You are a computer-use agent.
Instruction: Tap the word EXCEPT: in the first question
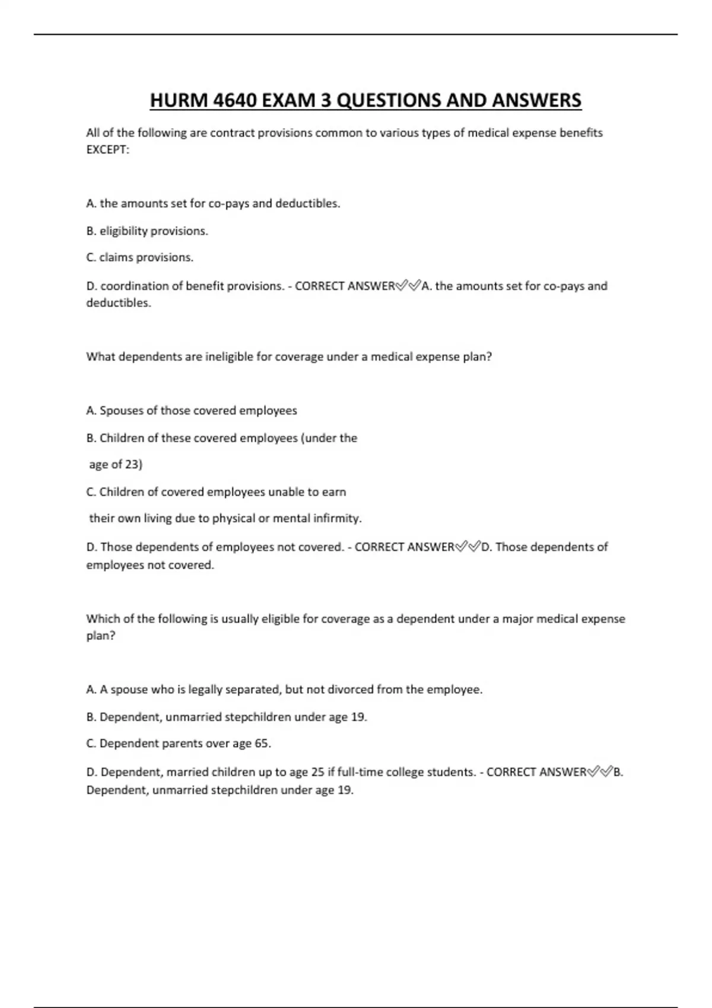coord(107,149)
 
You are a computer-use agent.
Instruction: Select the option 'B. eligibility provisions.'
coord(147,231)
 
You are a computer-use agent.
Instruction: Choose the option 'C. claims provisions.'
coord(140,257)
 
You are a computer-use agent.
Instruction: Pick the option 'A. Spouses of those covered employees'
coord(192,410)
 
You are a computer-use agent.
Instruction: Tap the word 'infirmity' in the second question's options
coord(337,518)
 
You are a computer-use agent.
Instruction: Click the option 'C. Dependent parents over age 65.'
coord(179,743)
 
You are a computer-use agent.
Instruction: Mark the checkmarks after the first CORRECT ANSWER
coord(408,286)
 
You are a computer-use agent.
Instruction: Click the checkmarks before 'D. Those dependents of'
coord(468,547)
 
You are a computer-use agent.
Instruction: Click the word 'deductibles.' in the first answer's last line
coord(119,303)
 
